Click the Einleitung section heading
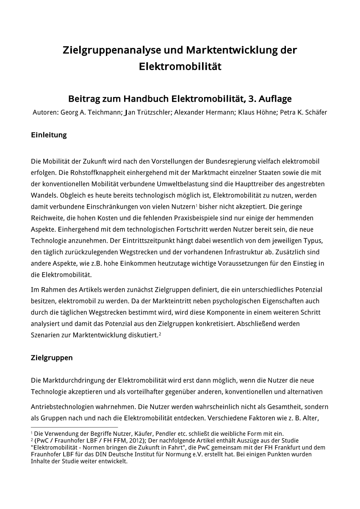49,136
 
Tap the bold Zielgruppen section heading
52,358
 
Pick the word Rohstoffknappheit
92,172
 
